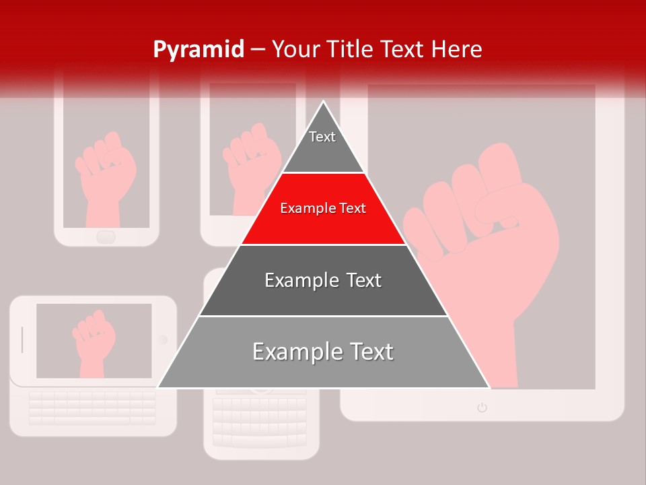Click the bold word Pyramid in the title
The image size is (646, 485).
pos(198,50)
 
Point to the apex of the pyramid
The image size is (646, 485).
pos(324,102)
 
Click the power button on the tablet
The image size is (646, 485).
pos(482,407)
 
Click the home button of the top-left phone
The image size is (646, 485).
pos(106,236)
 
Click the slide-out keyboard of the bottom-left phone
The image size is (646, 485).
pos(93,407)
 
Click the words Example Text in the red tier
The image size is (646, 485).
pos(323,209)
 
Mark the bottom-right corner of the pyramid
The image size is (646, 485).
pos(489,387)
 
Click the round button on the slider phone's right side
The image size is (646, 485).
pos(162,340)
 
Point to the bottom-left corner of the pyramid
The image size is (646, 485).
pos(158,387)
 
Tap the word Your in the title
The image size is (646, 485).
pos(295,49)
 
